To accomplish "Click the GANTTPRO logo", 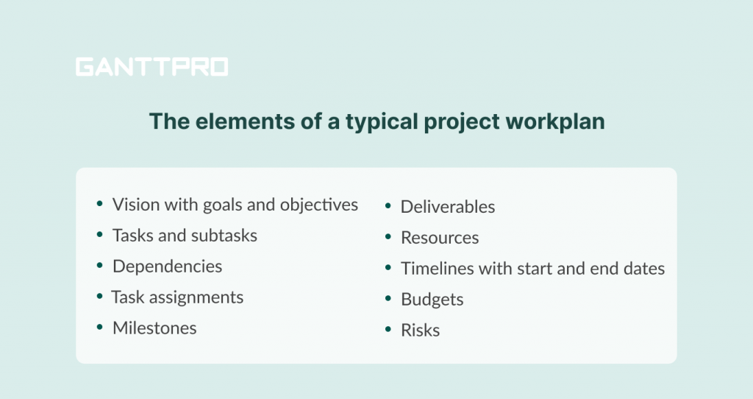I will (151, 68).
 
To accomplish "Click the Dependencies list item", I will (167, 266).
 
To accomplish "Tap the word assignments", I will (198, 297).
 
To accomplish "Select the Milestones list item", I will (154, 328).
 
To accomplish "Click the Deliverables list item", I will (447, 207).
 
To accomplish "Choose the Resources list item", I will (439, 238).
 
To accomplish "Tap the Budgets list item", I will (432, 300).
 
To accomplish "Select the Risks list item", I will (420, 331).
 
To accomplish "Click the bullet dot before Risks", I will (388, 329).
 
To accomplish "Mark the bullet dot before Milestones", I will (99, 327).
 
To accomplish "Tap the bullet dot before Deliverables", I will (388, 205).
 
